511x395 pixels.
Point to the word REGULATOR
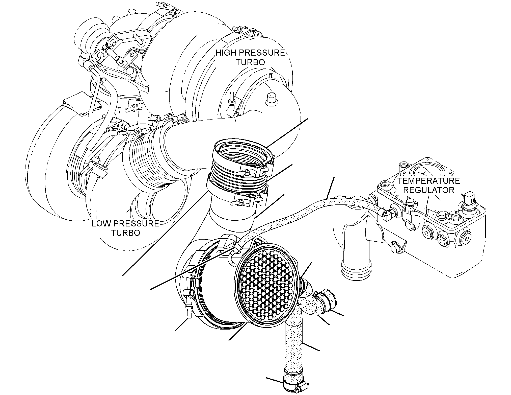429,190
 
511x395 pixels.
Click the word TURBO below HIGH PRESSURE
250,62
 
